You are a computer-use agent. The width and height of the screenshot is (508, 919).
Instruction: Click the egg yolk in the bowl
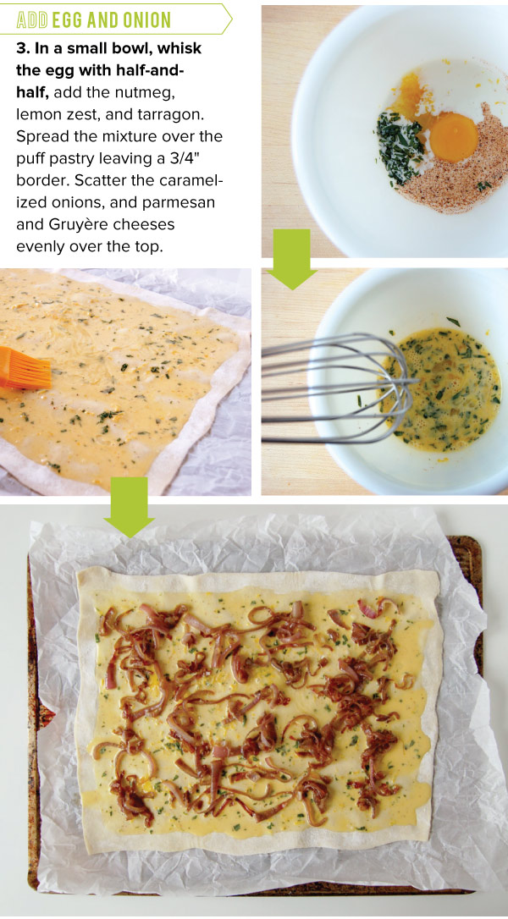[x=454, y=137]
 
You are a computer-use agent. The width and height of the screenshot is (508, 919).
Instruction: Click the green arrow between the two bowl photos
[x=291, y=258]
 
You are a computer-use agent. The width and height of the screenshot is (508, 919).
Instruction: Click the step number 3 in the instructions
[x=21, y=48]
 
